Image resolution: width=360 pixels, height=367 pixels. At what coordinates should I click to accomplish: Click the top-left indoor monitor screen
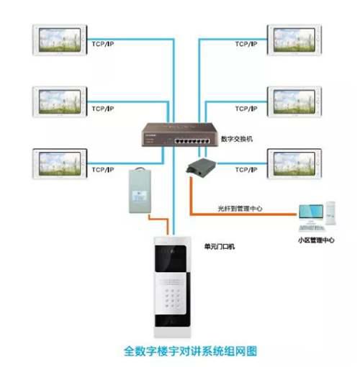[60, 40]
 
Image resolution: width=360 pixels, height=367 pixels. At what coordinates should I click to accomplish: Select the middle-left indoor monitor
[60, 102]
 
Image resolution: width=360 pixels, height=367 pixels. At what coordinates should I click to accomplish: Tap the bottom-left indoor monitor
[60, 164]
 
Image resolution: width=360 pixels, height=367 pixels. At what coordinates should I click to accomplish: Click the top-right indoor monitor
[294, 40]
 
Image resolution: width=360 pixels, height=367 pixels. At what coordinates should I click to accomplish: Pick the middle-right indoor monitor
[294, 102]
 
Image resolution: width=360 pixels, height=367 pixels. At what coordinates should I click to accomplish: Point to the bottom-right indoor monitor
[294, 164]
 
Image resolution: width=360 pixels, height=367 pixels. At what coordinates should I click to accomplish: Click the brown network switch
[180, 135]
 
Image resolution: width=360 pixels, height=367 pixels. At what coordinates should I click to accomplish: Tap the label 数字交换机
[237, 139]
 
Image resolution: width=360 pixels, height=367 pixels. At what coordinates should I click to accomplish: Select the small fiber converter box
[201, 168]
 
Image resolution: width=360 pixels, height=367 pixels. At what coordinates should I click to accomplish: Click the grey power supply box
[140, 191]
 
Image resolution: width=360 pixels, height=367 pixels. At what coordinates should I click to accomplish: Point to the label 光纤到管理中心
[240, 209]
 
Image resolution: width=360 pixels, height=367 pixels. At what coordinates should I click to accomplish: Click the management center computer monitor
[311, 212]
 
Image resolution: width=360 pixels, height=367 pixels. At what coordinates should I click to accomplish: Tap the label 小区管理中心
[316, 240]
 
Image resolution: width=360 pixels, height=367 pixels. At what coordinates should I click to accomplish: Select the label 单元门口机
[220, 246]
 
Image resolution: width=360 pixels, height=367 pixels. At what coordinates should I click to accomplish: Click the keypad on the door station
[173, 298]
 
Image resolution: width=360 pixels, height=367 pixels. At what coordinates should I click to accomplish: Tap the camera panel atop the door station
[171, 258]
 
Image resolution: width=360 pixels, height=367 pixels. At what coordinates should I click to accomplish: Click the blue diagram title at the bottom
[190, 351]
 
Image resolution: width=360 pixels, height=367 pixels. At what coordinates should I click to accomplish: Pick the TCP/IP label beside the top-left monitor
[103, 44]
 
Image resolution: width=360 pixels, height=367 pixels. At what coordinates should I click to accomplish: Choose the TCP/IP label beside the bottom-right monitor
[246, 170]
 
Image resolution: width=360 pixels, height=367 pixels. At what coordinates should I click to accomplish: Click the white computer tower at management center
[330, 213]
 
